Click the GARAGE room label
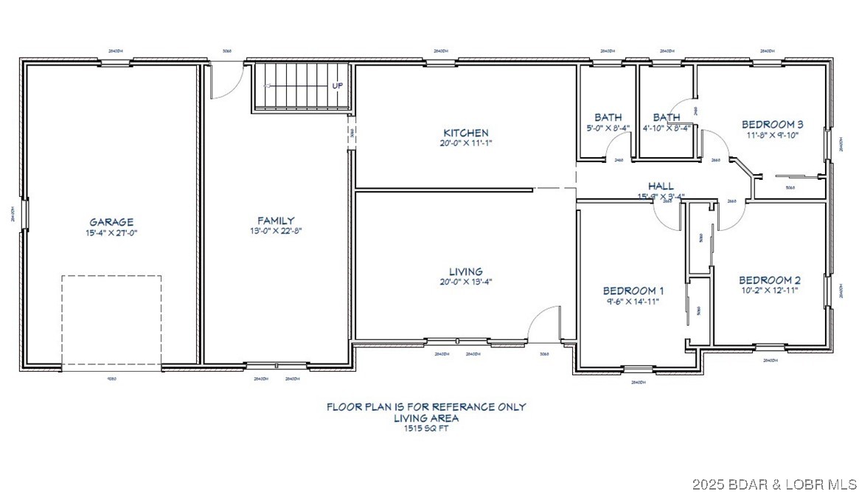111,221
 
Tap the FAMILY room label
276,220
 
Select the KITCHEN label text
465,133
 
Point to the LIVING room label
466,271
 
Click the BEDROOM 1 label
633,291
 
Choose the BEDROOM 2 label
769,280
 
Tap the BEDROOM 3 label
772,125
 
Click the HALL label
661,186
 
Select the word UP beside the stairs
337,86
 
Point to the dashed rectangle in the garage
111,322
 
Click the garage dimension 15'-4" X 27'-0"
111,232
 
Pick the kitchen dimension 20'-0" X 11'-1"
465,143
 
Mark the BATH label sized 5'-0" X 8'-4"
608,117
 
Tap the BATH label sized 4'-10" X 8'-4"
667,117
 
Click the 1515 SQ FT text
426,428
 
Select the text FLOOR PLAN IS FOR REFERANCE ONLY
426,406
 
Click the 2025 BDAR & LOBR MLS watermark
774,485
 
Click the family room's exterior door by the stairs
226,80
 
